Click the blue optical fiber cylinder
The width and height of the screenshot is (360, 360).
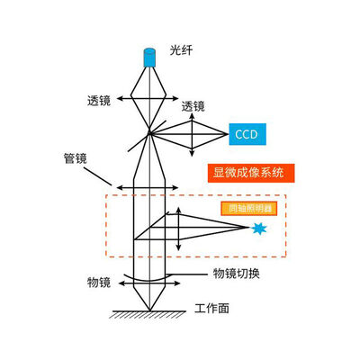[x=149, y=58]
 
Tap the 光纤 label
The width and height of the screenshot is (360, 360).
[x=181, y=50]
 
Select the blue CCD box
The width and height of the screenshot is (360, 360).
[x=247, y=134]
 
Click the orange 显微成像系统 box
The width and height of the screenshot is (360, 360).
[x=251, y=173]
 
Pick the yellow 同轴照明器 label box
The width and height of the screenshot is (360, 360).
[x=248, y=209]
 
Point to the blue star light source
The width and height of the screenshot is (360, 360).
[x=258, y=229]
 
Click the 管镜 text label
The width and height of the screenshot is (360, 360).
[x=75, y=158]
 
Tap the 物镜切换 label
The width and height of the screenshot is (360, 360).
[x=236, y=274]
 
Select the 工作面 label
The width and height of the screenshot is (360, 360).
[x=211, y=308]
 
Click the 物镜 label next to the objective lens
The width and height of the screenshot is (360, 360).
[x=99, y=283]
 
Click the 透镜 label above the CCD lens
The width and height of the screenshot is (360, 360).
[x=193, y=106]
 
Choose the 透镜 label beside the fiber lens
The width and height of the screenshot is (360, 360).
[x=99, y=101]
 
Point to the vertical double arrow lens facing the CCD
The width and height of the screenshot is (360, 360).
[x=192, y=135]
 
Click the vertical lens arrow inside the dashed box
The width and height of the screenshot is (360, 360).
[x=178, y=229]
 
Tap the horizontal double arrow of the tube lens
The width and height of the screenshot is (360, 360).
[x=148, y=188]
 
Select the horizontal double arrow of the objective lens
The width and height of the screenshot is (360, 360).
[x=149, y=283]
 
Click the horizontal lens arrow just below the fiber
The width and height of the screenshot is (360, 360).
[x=148, y=98]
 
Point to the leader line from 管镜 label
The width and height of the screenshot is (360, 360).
[x=97, y=176]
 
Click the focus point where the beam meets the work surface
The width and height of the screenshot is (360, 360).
[x=149, y=310]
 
